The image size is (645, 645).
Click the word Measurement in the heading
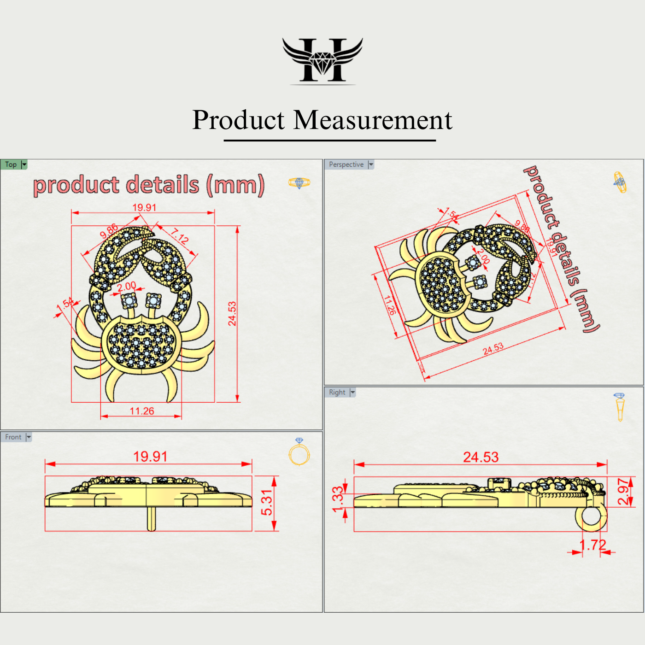click(x=373, y=120)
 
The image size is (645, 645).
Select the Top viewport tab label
click(x=11, y=164)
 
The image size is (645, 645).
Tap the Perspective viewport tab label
click(x=346, y=164)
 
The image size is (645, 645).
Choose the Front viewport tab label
click(x=13, y=437)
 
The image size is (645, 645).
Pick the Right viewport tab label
click(x=337, y=392)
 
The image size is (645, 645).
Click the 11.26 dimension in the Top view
click(x=142, y=411)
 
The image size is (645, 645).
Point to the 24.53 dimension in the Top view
click(x=232, y=313)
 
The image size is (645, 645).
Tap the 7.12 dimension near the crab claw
click(x=180, y=236)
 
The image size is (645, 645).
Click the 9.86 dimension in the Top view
click(x=109, y=231)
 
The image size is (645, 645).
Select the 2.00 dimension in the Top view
click(x=126, y=286)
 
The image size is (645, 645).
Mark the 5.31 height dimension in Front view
click(x=267, y=503)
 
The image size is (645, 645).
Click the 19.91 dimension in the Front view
click(x=150, y=457)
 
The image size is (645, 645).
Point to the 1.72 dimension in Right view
click(x=592, y=545)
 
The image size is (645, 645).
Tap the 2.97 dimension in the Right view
click(x=623, y=492)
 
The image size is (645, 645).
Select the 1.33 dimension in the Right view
click(x=338, y=499)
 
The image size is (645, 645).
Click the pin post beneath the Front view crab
click(x=151, y=519)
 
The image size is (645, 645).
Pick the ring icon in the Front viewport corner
click(x=299, y=452)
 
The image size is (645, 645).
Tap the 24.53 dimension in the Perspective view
click(x=493, y=349)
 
